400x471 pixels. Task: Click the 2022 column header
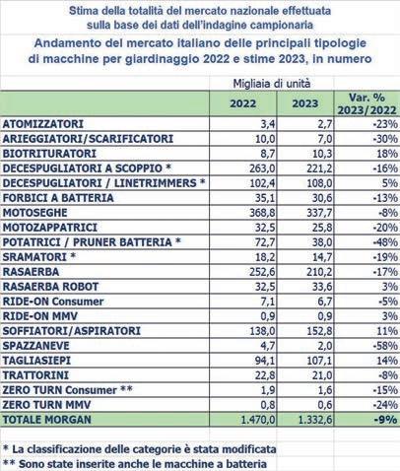click(242, 103)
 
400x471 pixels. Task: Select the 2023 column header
click(305, 103)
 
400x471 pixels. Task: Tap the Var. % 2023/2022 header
click(367, 103)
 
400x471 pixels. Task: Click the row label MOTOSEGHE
click(34, 213)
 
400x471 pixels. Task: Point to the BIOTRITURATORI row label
click(49, 154)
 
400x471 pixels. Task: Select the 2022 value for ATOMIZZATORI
click(268, 124)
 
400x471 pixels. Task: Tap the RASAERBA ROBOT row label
click(50, 287)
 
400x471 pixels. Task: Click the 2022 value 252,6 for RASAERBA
click(262, 272)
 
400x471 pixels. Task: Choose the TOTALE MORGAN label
click(46, 420)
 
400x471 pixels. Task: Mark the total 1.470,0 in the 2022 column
click(258, 420)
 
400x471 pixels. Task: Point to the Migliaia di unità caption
click(272, 84)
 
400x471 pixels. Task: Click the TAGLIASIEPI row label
click(36, 361)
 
